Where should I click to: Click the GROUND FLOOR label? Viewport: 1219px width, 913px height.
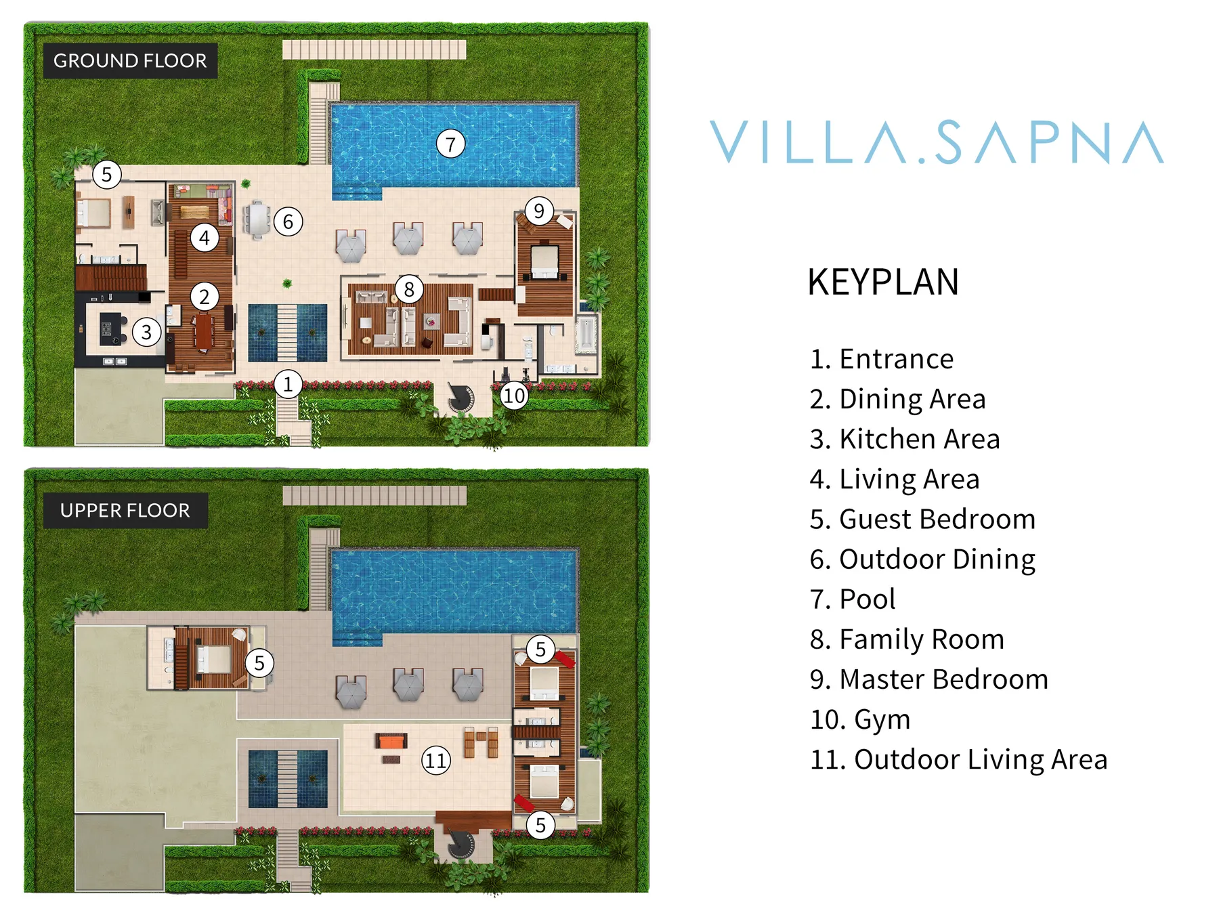[x=130, y=61]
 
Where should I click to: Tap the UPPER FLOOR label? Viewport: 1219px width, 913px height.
[x=125, y=511]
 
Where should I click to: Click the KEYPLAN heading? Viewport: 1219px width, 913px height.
[x=883, y=282]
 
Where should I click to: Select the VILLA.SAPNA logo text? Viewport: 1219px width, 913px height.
[x=937, y=143]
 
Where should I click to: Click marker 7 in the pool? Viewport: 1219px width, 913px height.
[x=450, y=144]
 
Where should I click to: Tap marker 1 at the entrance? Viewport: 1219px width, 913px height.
[x=288, y=384]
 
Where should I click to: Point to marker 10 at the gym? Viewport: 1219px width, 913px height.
[x=513, y=395]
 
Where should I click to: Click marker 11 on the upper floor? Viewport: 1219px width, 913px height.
[x=435, y=760]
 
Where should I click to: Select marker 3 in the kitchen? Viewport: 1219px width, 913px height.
[x=146, y=332]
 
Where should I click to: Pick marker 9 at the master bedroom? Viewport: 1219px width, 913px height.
[x=539, y=211]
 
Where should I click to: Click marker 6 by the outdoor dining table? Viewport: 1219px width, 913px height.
[x=288, y=221]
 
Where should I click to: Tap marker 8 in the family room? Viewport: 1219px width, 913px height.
[x=409, y=289]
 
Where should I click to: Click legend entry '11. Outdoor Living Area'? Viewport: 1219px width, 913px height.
[x=958, y=759]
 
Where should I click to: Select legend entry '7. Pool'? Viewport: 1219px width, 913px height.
[x=853, y=599]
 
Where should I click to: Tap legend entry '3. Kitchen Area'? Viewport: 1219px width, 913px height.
[x=905, y=439]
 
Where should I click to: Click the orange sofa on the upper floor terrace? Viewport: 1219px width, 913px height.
[x=391, y=741]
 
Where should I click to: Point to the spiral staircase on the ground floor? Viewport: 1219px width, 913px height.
[x=461, y=398]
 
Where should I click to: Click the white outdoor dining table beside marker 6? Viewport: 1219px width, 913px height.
[x=258, y=219]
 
